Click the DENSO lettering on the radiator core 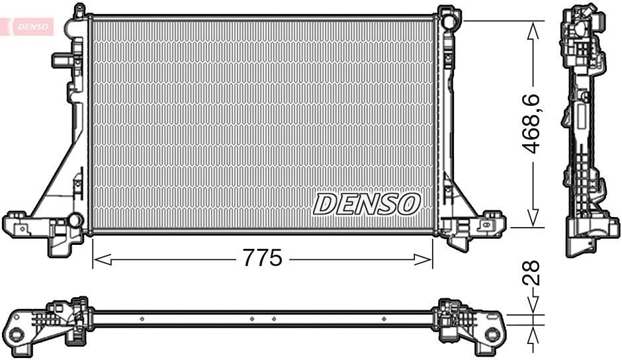coord(366,204)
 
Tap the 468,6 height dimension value coord(533,124)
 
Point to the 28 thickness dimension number coord(533,272)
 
